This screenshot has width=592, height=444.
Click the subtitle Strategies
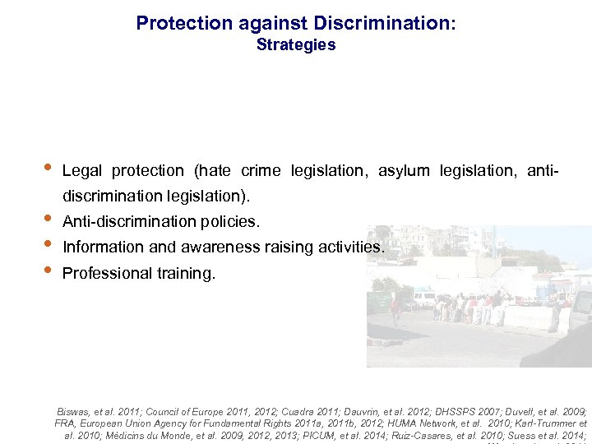point(296,45)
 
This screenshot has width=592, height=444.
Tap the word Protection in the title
point(177,23)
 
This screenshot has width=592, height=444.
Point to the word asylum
point(404,171)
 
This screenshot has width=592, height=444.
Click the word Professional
point(106,273)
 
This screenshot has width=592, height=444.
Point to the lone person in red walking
point(395,311)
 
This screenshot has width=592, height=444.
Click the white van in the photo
point(424,298)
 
